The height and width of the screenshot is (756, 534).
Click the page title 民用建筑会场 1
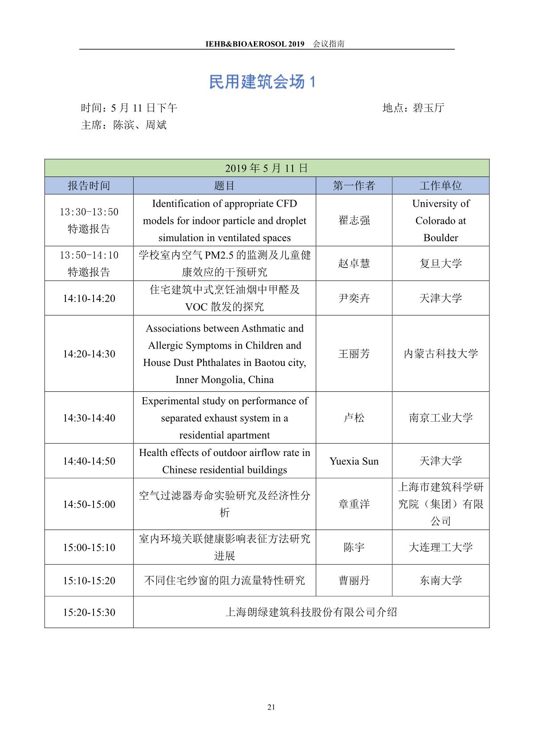point(262,82)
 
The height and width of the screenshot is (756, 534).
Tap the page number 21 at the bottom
point(271,707)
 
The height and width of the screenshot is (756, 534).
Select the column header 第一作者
point(354,186)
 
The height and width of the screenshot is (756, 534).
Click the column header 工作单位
point(440,186)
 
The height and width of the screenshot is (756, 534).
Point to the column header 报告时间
point(89,186)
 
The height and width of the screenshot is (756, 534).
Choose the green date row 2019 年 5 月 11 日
point(266,168)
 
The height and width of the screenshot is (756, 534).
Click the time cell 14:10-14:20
point(89,298)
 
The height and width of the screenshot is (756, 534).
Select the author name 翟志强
point(354,221)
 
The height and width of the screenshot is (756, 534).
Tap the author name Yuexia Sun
point(354,461)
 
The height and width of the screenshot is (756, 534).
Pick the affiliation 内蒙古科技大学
point(440,354)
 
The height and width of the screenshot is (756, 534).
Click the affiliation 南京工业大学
point(440,418)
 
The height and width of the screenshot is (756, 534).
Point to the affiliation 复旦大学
point(440,263)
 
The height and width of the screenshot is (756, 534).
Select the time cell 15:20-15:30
point(89,612)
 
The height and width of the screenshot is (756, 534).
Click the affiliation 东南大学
point(440,581)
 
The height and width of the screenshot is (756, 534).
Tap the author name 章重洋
point(354,505)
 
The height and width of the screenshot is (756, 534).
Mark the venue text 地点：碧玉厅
point(413,108)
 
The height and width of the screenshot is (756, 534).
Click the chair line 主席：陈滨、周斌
point(124,125)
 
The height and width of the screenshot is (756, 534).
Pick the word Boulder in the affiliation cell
point(440,238)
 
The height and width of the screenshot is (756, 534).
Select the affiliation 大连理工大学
point(440,548)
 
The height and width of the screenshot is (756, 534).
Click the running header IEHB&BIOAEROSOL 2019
point(255,44)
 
